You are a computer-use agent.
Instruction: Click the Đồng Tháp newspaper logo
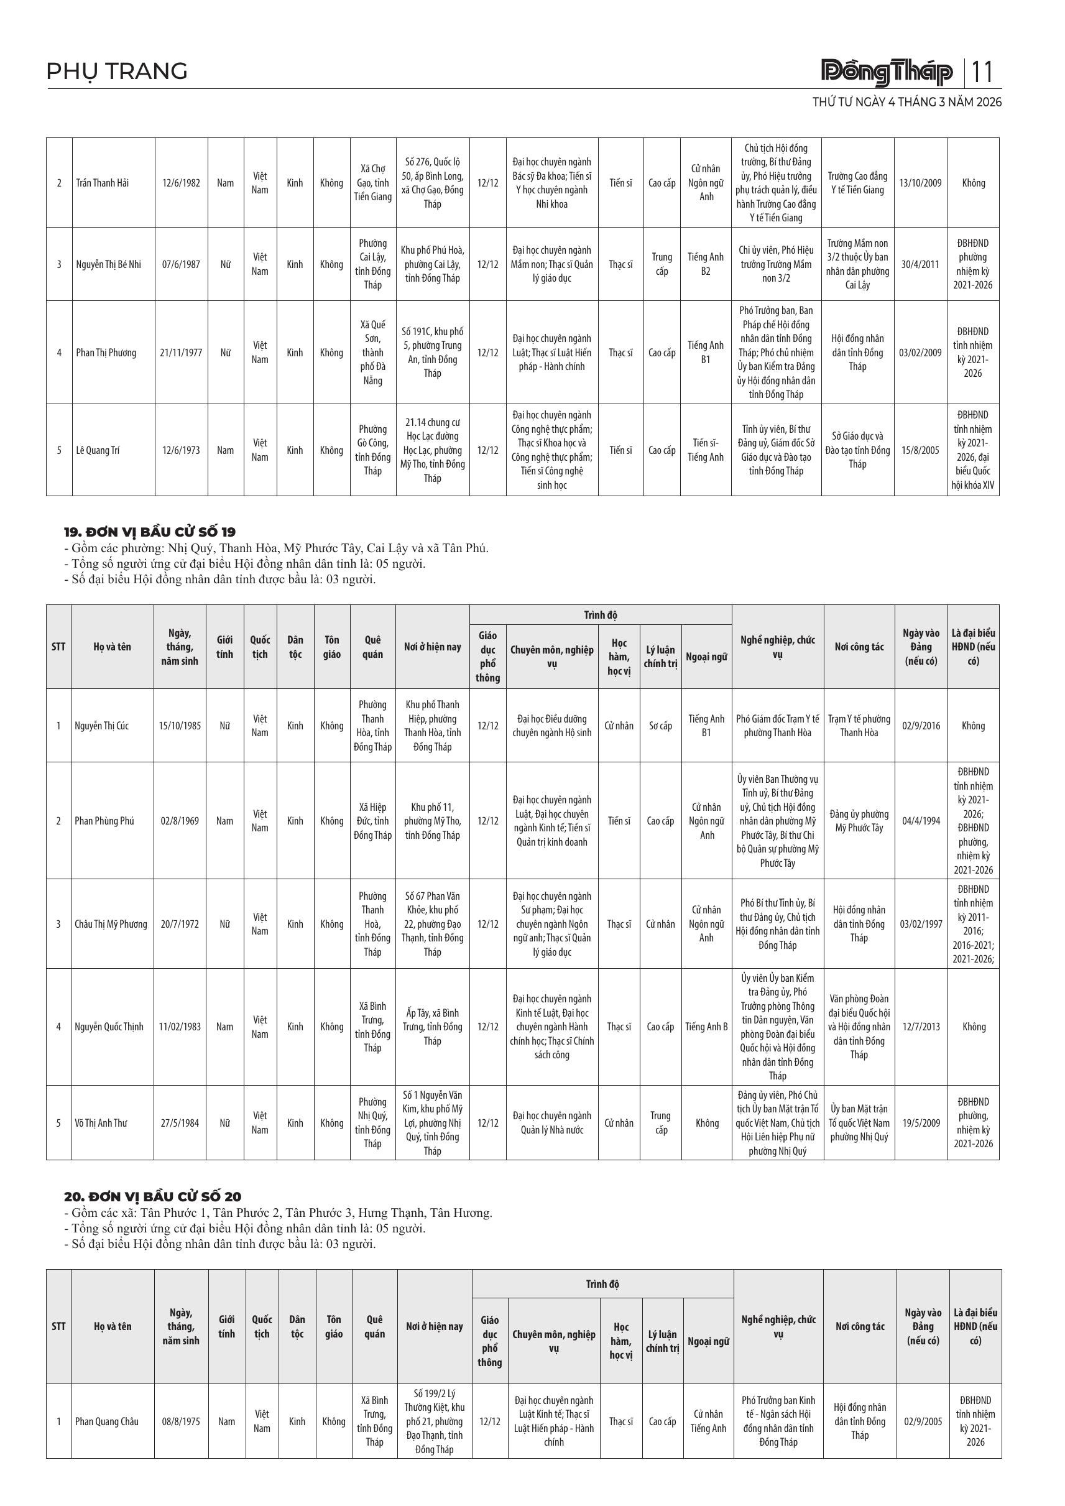(x=887, y=72)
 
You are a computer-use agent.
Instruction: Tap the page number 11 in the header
(x=982, y=72)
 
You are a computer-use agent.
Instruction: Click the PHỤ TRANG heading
(x=117, y=71)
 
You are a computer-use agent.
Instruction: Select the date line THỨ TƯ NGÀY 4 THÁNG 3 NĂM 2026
(x=906, y=103)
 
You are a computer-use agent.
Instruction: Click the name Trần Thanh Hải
(x=103, y=183)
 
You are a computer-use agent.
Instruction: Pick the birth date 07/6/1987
(x=181, y=264)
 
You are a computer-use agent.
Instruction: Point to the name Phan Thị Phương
(x=106, y=353)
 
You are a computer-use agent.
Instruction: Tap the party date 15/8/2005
(x=920, y=451)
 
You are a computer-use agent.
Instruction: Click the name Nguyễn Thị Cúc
(x=101, y=726)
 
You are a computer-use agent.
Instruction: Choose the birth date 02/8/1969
(x=180, y=821)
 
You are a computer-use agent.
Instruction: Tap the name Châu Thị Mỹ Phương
(x=111, y=924)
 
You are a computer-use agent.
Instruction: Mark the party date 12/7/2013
(x=921, y=1027)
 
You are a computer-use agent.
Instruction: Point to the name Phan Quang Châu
(x=107, y=1421)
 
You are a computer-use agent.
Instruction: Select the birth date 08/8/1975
(x=181, y=1421)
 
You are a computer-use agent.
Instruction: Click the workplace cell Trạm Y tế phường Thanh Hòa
(x=859, y=726)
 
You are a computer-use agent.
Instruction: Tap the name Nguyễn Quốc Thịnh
(x=109, y=1027)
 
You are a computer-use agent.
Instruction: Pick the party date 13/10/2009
(x=920, y=183)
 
